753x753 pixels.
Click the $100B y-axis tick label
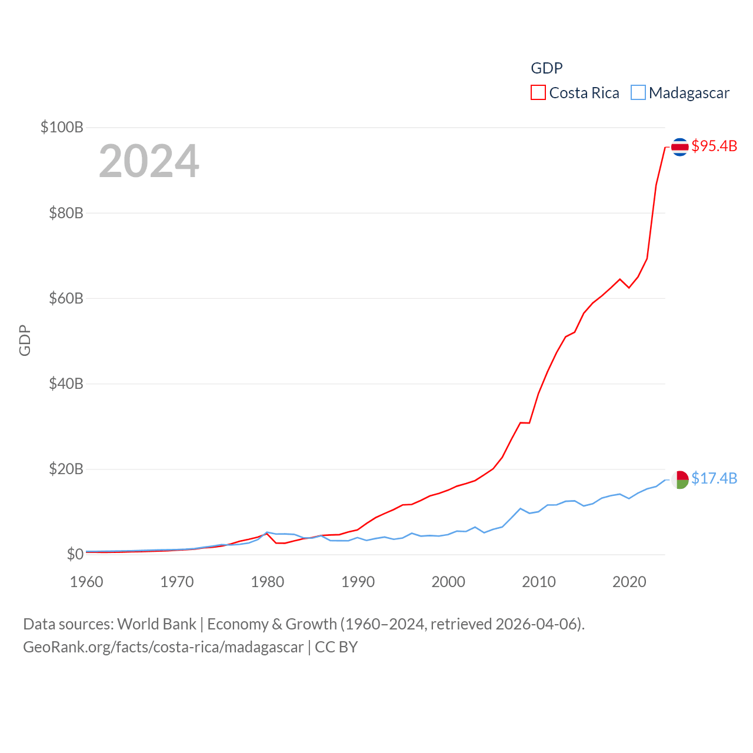[x=62, y=127]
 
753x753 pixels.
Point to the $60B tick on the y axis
[x=66, y=298]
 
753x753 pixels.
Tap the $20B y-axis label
[x=66, y=469]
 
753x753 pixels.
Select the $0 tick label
[x=75, y=554]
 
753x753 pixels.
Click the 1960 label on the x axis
[x=86, y=582]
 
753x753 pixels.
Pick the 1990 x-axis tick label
[x=358, y=582]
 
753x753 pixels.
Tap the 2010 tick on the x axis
[x=539, y=582]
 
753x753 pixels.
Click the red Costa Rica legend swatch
[x=538, y=93]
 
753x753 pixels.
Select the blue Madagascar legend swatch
[x=638, y=93]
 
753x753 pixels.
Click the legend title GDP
[x=547, y=68]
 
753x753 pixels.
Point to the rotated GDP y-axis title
[x=25, y=340]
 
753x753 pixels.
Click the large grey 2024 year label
[x=149, y=161]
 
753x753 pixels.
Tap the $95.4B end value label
[x=714, y=146]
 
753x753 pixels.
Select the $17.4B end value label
[x=714, y=478]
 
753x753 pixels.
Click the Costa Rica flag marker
[x=680, y=146]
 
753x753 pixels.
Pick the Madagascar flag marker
[x=680, y=479]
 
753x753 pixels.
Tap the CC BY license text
[x=336, y=647]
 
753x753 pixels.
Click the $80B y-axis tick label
[x=66, y=213]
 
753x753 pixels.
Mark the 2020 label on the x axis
[x=629, y=582]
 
